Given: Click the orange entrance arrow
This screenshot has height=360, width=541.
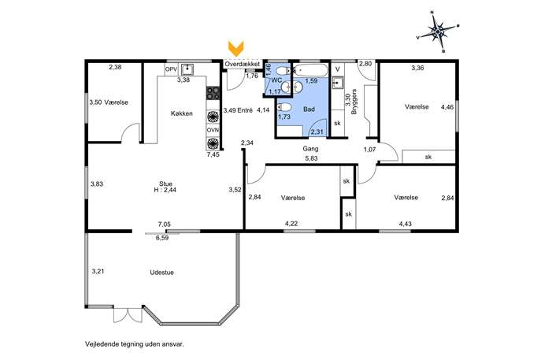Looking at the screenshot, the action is point(236,48).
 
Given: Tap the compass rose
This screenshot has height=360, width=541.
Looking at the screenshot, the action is point(438,32).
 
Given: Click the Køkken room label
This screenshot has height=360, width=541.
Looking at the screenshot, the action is point(181,113).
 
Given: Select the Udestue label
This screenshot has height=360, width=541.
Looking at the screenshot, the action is point(161,273).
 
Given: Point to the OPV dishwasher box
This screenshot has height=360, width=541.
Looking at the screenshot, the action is point(171,70).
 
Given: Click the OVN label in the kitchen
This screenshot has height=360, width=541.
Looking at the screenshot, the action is point(213,130).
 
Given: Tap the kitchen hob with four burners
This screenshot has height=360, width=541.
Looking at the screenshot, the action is point(213,92).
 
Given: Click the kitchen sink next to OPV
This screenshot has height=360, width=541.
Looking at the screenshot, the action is point(187,69).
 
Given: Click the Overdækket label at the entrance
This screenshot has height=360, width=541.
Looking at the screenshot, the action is point(243,64).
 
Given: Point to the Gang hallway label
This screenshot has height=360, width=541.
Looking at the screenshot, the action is point(310,149).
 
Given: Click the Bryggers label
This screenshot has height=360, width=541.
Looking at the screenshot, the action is point(354,102).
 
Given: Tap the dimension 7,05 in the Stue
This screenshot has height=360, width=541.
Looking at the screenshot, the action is point(165,225).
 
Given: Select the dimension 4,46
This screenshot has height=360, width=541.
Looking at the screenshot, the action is point(447,107).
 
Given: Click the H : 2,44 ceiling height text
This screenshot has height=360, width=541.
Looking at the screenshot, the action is point(165,190).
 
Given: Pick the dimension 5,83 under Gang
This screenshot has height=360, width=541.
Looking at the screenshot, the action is point(311,158).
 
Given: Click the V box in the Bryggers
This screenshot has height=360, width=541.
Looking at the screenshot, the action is point(338,69).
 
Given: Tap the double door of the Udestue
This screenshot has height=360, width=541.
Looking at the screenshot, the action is point(128,314).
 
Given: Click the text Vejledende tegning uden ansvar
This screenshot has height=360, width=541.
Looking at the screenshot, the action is point(135,344).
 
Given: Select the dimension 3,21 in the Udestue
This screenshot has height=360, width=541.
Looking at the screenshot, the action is point(98,271).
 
